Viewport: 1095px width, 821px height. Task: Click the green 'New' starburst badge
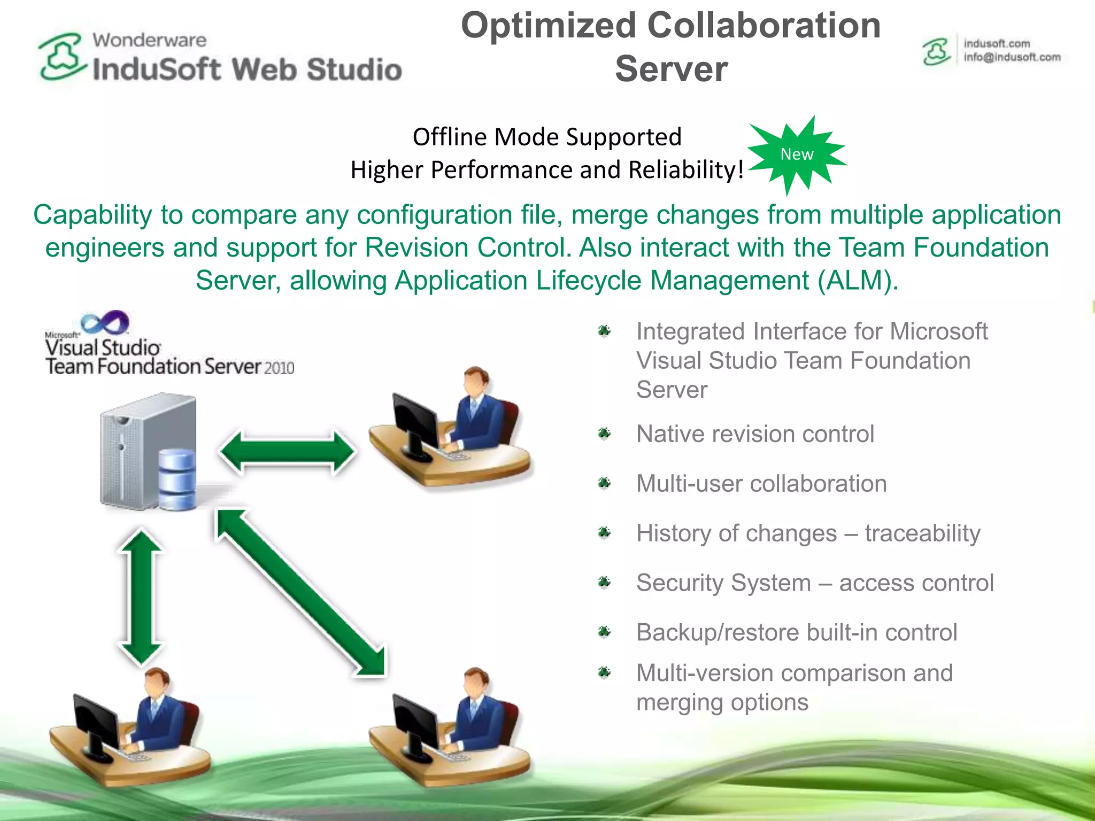tap(797, 154)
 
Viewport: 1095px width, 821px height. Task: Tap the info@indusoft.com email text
tap(1012, 57)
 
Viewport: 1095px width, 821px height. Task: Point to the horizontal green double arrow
tap(287, 452)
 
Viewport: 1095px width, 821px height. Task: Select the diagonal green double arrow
tap(300, 592)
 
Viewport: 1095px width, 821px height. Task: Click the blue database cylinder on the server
tap(177, 479)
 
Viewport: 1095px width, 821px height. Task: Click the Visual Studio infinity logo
tap(105, 322)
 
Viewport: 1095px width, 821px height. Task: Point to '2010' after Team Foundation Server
tap(279, 368)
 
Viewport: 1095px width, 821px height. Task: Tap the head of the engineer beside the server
tap(475, 381)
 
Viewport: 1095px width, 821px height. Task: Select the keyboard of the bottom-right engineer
tap(454, 757)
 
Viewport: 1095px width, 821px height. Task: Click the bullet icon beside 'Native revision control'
tap(604, 433)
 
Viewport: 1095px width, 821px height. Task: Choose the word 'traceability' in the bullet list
tap(922, 533)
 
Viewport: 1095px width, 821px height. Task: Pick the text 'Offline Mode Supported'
tap(547, 137)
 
